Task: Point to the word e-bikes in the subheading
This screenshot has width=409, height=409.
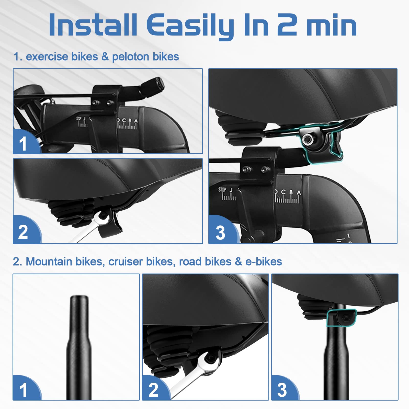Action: pos(264,262)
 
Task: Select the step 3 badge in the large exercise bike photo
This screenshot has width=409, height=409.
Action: pos(220,233)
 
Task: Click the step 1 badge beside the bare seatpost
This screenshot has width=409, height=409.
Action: pos(24,390)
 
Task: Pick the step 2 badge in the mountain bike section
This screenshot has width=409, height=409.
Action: pos(153,390)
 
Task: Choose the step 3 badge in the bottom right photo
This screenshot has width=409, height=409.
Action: pos(282,390)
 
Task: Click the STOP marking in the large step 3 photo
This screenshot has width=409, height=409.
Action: pos(222,190)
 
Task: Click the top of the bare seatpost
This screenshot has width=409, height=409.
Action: pos(79,298)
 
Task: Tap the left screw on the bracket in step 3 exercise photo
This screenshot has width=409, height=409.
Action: pos(246,169)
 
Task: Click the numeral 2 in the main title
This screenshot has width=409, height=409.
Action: pos(287,25)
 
